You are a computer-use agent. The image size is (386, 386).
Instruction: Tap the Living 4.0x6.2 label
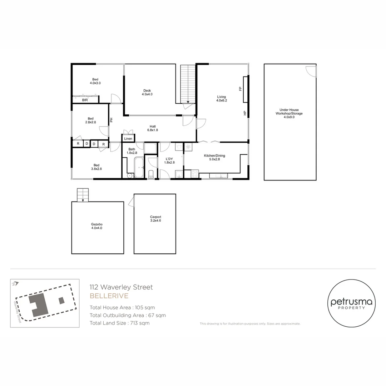pos(222,99)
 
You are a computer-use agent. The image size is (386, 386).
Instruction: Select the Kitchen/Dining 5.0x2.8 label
pos(214,158)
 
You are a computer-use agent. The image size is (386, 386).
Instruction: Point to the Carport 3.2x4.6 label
pos(155,219)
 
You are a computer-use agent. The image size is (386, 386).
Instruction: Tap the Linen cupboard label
pos(128,139)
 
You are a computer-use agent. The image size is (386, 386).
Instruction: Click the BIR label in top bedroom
pos(85,100)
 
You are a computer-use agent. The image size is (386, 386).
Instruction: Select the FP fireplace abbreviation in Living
pos(241,88)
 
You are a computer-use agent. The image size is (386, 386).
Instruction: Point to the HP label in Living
pos(245,113)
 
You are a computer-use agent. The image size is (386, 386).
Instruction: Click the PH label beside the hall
pos(111,120)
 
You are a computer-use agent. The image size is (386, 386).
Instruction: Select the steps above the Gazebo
pos(83,195)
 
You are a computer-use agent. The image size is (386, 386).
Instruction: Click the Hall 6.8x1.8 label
pos(152,128)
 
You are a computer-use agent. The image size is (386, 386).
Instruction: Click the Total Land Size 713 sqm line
pos(119,323)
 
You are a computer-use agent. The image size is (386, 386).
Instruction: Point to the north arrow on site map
pos(15,283)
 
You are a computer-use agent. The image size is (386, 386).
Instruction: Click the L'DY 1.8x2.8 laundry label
pos(169,160)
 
